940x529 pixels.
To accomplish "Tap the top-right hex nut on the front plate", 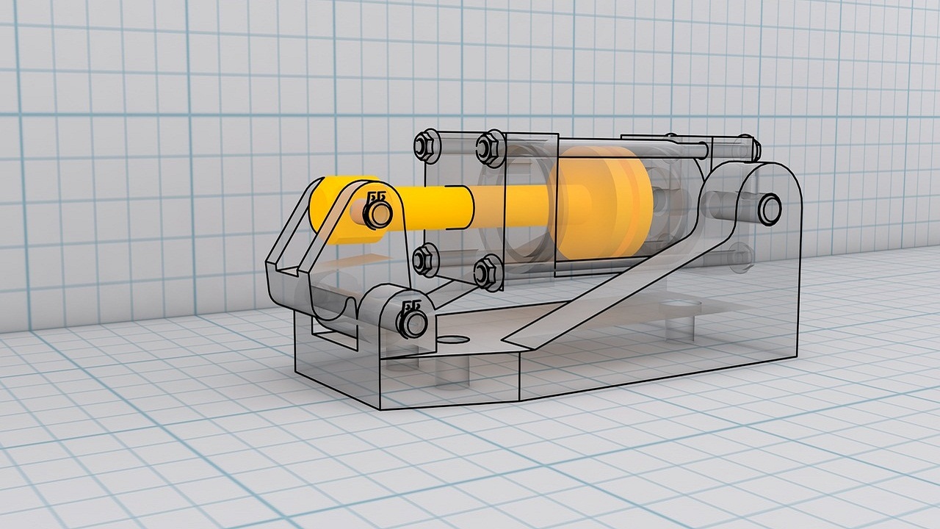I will [x=488, y=145].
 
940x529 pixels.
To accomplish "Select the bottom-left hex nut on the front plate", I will [x=425, y=259].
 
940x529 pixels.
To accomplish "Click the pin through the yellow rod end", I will [x=378, y=214].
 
